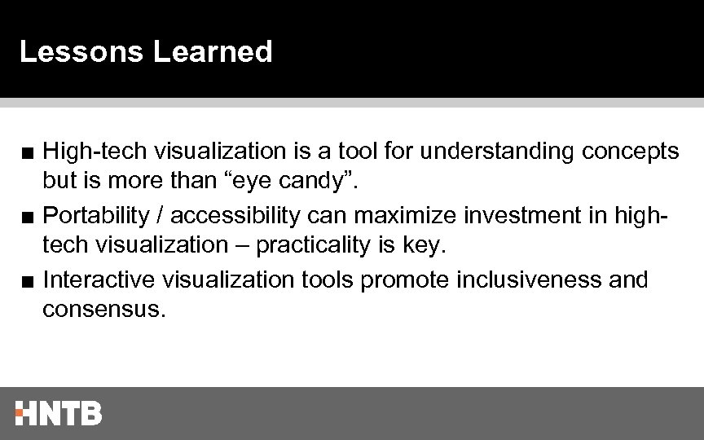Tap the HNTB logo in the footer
pos(58,413)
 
